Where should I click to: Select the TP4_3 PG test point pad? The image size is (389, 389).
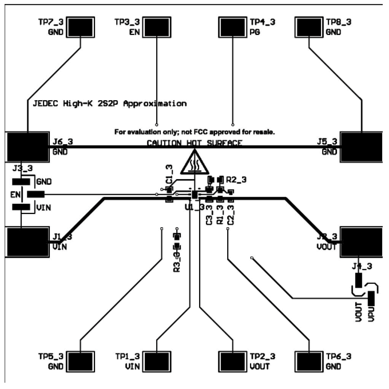pos(232,27)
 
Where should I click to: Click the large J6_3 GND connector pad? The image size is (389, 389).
pos(27,148)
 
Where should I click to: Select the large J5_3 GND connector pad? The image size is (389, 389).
pos(362,148)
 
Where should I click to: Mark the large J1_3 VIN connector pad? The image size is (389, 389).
pos(27,243)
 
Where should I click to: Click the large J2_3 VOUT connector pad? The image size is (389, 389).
pos(362,243)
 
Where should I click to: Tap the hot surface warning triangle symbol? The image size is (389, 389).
pos(195,162)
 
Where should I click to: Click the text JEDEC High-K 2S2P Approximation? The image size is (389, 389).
pos(108,104)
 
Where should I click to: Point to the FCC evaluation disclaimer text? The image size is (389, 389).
pos(195,132)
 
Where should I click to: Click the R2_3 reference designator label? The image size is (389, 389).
pos(236,180)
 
